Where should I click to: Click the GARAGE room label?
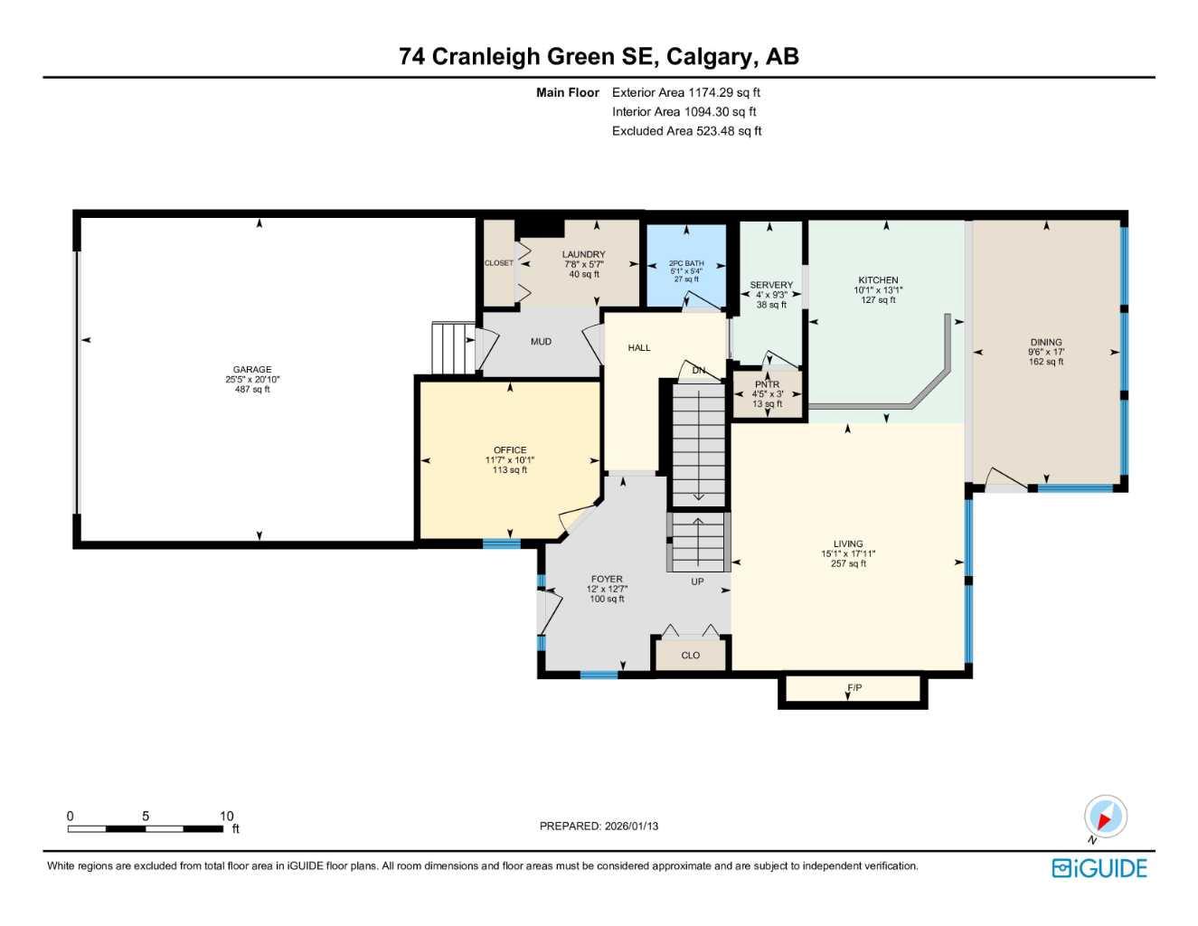tap(252, 370)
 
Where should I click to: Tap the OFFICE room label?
tap(510, 450)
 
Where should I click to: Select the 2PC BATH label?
tap(686, 263)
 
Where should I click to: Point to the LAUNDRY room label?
tap(583, 255)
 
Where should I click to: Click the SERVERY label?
tap(771, 285)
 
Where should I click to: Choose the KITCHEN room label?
tap(878, 280)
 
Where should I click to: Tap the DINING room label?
tap(1046, 343)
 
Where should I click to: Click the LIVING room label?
tap(848, 544)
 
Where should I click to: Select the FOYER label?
tap(607, 580)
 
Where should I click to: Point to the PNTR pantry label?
tap(767, 384)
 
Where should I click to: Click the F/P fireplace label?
tap(854, 688)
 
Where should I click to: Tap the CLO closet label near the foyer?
tap(691, 656)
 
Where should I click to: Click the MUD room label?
tap(541, 342)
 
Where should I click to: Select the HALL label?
tap(639, 347)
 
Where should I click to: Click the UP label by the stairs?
tap(697, 581)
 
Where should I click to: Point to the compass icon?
tap(1105, 817)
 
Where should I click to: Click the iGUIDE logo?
tap(1099, 868)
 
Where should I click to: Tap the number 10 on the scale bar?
tap(226, 816)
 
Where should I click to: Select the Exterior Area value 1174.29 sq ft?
tap(724, 92)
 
